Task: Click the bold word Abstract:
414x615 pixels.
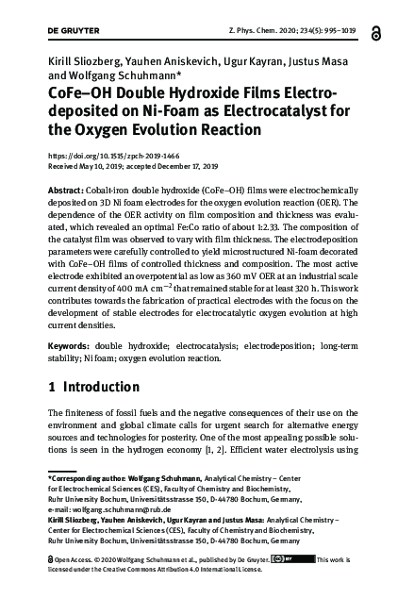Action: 71,191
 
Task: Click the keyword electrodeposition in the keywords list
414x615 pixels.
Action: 279,348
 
